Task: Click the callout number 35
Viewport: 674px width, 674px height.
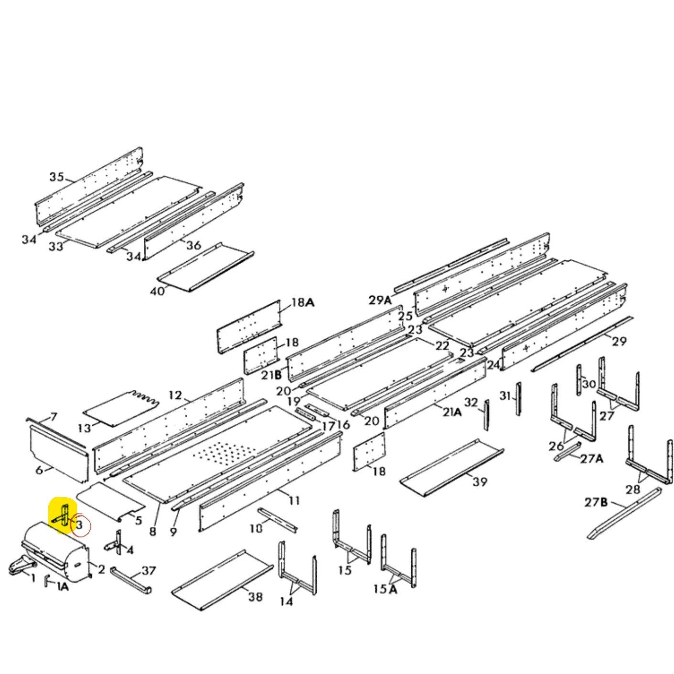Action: [x=57, y=177]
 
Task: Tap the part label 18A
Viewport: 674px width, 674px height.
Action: [x=303, y=302]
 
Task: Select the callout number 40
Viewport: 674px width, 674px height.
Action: [x=157, y=291]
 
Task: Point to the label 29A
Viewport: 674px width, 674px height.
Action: [x=381, y=300]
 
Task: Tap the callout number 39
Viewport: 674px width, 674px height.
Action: [x=480, y=481]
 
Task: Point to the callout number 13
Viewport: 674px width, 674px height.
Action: [x=85, y=428]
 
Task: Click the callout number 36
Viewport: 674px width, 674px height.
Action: [x=193, y=245]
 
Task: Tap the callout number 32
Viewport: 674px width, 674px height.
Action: [x=471, y=403]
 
